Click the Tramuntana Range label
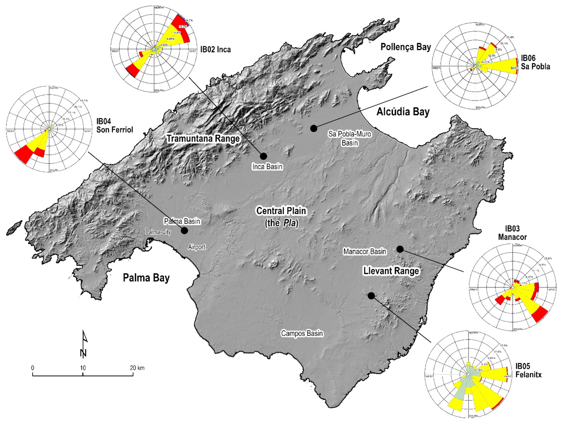pyautogui.click(x=203, y=139)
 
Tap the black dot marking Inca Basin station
pyautogui.click(x=263, y=156)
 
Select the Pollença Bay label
pyautogui.click(x=406, y=47)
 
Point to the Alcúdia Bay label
pyautogui.click(x=403, y=112)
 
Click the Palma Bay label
pyautogui.click(x=146, y=278)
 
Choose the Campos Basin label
pyautogui.click(x=302, y=333)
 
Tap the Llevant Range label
pyautogui.click(x=391, y=271)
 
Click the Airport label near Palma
pyautogui.click(x=197, y=247)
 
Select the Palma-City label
pyautogui.click(x=158, y=232)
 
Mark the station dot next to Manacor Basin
pyautogui.click(x=400, y=249)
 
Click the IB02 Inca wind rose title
pyautogui.click(x=216, y=49)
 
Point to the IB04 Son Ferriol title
pyautogui.click(x=115, y=126)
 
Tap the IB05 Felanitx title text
pyautogui.click(x=528, y=370)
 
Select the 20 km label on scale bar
pyautogui.click(x=137, y=368)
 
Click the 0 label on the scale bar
pyautogui.click(x=33, y=368)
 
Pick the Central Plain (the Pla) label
pyautogui.click(x=281, y=217)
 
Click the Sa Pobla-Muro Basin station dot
pyautogui.click(x=314, y=128)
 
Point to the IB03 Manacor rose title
pyautogui.click(x=512, y=233)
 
